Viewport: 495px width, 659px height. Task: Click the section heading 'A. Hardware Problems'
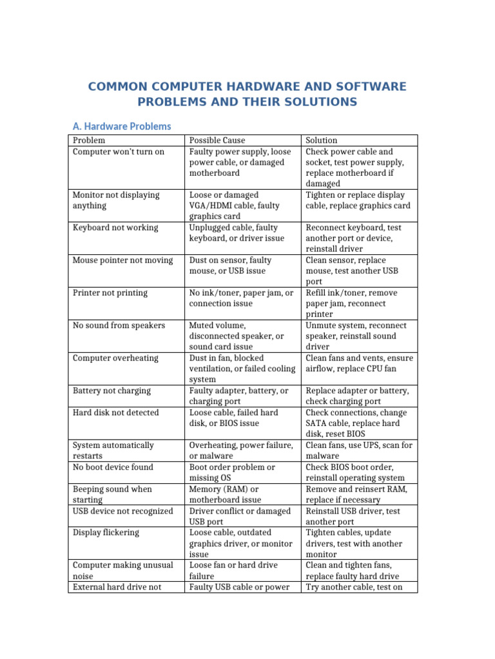121,126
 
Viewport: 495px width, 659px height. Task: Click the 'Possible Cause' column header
217,140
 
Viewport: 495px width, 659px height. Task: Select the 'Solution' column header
322,140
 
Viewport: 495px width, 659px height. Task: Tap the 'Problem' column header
89,140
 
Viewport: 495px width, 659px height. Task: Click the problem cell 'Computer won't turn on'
119,152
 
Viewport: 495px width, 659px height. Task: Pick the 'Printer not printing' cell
110,293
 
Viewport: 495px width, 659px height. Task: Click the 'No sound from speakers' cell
119,326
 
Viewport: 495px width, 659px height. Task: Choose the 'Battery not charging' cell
112,391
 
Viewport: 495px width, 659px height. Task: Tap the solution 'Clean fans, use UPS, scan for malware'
359,450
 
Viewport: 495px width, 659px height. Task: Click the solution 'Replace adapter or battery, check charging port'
357,396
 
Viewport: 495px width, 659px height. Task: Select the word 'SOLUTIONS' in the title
315,102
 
